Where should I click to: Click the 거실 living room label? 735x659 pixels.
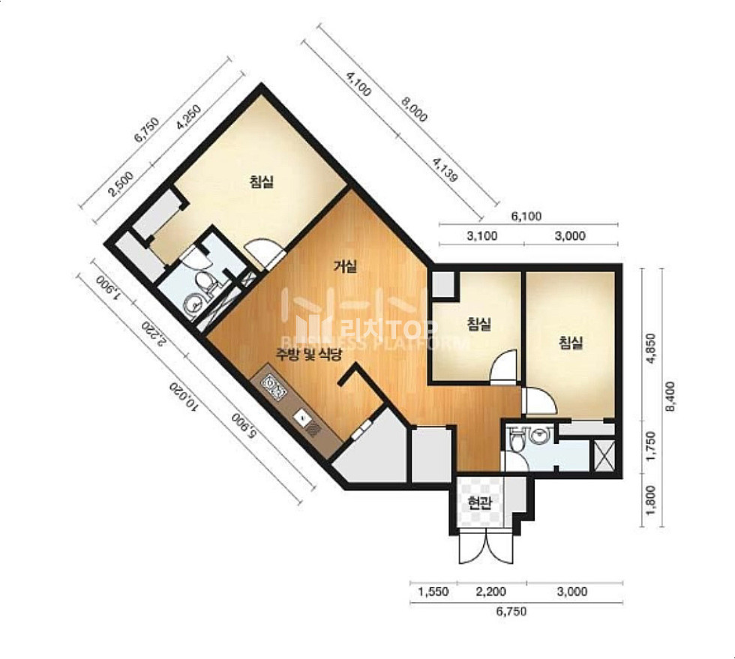click(345, 267)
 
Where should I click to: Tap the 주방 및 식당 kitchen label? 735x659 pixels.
click(308, 355)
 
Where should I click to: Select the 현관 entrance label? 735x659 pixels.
click(479, 504)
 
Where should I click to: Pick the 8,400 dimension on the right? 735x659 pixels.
click(670, 397)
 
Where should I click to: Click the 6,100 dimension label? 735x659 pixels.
click(526, 217)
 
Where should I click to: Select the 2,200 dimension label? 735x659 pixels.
click(490, 592)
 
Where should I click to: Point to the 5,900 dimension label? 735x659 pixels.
click(244, 427)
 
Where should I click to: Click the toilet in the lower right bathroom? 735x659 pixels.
click(515, 439)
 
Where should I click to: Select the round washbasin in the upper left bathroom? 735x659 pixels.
click(193, 304)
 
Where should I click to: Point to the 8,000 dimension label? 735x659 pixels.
click(413, 109)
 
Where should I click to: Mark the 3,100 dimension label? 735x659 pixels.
click(482, 235)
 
